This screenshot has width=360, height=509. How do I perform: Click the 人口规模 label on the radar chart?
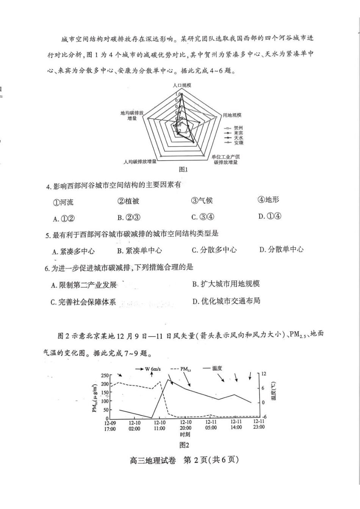coord(182,85)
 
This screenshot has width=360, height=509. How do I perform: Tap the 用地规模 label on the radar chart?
coord(232,115)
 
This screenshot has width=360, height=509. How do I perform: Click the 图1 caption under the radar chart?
coord(183,169)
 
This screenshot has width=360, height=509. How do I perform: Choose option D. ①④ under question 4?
coord(270,216)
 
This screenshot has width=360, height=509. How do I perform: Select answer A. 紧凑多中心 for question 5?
coord(74,251)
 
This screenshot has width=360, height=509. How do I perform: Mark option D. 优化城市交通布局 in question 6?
coord(226,301)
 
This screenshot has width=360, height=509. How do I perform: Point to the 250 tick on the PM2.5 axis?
coord(104,375)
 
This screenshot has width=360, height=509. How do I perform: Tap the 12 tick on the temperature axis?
coord(264,374)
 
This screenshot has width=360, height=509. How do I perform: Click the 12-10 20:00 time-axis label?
coord(185,425)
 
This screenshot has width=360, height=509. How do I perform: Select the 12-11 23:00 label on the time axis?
coord(259,424)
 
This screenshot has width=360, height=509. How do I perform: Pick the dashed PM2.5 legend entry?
coord(181,368)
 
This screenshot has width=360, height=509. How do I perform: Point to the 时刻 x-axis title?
coord(185,434)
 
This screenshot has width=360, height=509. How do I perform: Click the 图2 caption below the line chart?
coord(184,445)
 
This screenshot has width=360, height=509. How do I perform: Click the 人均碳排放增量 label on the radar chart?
coord(140,161)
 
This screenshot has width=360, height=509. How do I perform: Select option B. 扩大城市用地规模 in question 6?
coord(226,284)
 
